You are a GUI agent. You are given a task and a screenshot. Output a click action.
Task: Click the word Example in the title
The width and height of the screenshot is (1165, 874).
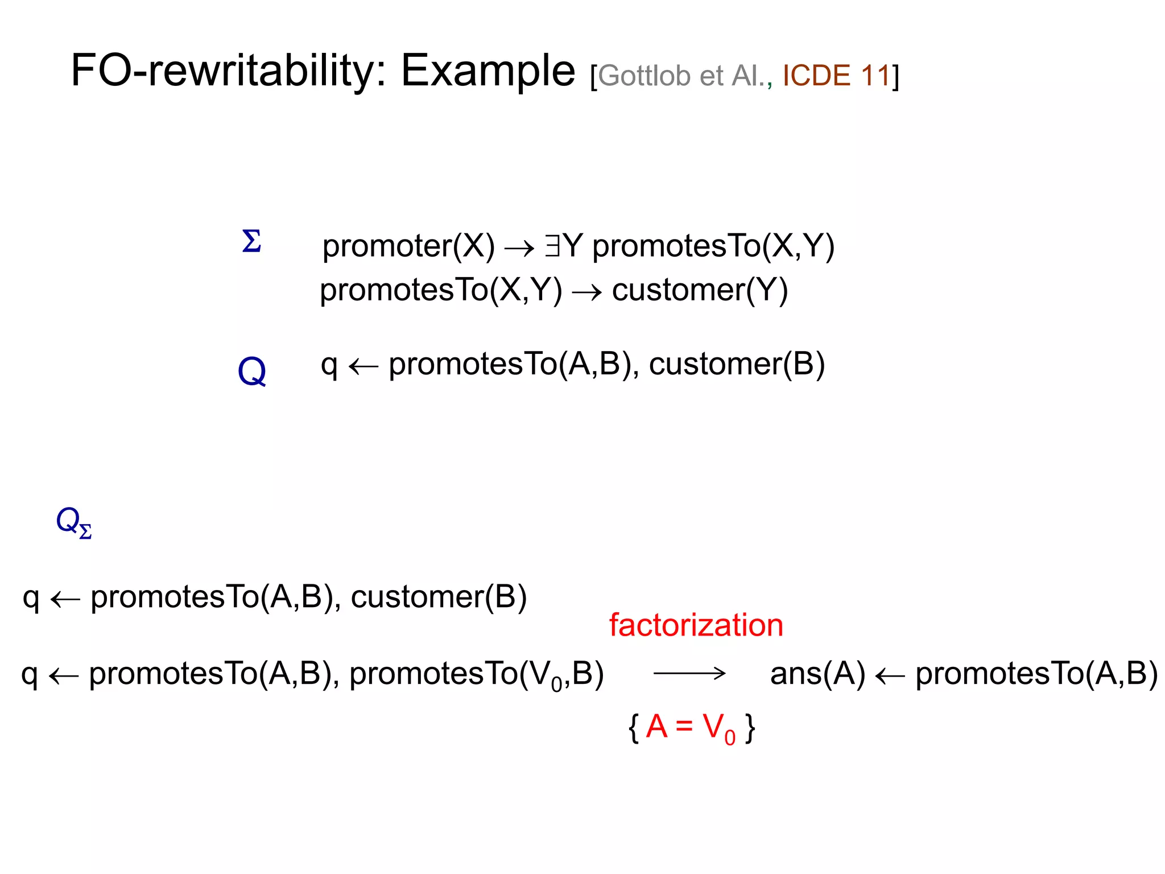pos(488,71)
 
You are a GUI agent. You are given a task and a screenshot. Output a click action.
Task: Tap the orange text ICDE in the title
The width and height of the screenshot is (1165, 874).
pos(816,76)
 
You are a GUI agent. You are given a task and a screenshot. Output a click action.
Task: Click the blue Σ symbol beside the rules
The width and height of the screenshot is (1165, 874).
pos(251,241)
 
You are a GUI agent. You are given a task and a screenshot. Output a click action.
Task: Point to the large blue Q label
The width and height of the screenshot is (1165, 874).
pos(251,372)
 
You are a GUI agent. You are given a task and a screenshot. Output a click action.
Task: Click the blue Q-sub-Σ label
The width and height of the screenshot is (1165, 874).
pos(73,522)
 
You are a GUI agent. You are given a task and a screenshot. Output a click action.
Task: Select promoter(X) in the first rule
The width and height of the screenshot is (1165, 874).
pos(408,246)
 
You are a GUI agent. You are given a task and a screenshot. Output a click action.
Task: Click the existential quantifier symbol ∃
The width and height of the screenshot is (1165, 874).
pos(552,246)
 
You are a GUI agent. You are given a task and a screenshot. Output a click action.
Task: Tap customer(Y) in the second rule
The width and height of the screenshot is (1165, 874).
pos(700,290)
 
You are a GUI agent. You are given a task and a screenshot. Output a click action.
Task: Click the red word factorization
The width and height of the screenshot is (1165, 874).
pos(696,625)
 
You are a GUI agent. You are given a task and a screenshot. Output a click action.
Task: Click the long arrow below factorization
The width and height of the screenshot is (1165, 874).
pos(689,674)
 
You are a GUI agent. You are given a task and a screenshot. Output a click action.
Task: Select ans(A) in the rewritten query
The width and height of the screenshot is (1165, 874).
pos(817,674)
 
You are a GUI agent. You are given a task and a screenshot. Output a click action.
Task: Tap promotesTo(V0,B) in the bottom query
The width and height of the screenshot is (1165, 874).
pos(476,674)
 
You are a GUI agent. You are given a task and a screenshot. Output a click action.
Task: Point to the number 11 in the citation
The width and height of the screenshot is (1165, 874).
pos(875,76)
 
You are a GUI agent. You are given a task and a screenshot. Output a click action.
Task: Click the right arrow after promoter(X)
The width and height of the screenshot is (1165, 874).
pos(519,248)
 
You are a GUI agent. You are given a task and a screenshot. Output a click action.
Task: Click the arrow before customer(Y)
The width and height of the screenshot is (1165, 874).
pos(586,292)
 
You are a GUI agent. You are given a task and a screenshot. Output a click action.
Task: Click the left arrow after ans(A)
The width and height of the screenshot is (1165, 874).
pos(890,676)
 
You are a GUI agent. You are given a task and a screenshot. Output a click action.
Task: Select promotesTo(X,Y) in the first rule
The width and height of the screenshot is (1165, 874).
pos(713,246)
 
